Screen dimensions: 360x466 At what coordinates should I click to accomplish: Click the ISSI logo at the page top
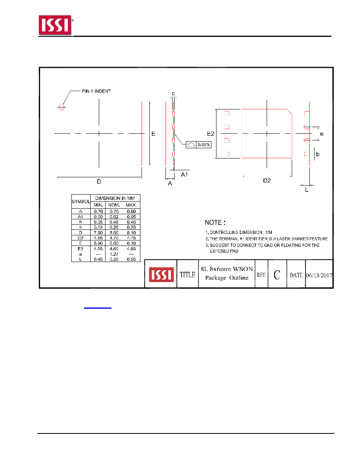pyautogui.click(x=55, y=25)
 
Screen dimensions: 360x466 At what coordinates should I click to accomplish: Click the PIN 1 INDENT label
pyautogui.click(x=96, y=91)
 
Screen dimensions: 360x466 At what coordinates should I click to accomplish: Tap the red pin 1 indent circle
pyautogui.click(x=62, y=107)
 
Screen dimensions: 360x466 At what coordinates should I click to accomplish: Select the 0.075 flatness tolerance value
pyautogui.click(x=204, y=145)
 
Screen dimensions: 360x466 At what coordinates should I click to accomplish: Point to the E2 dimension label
pyautogui.click(x=211, y=134)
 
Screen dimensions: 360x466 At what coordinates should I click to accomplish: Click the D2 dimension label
pyautogui.click(x=267, y=181)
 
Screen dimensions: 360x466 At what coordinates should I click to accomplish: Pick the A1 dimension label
pyautogui.click(x=184, y=175)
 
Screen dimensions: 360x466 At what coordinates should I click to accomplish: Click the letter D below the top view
pyautogui.click(x=99, y=182)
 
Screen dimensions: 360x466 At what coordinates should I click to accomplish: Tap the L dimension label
pyautogui.click(x=307, y=190)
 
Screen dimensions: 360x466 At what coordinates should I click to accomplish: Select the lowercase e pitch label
pyautogui.click(x=322, y=134)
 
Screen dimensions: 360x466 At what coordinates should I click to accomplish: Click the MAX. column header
pyautogui.click(x=131, y=205)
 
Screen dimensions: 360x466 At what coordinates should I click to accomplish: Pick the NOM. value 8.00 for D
pyautogui.click(x=114, y=233)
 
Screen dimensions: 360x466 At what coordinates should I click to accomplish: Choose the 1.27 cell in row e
pyautogui.click(x=114, y=254)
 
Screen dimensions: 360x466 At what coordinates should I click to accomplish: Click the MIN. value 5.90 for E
pyautogui.click(x=98, y=243)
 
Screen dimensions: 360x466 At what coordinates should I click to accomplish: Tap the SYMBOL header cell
pyautogui.click(x=81, y=202)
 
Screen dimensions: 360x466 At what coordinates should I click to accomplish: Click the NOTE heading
pyautogui.click(x=215, y=222)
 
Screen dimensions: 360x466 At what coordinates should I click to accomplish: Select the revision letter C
pyautogui.click(x=277, y=275)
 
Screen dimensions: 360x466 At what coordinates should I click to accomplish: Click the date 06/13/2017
pyautogui.click(x=319, y=275)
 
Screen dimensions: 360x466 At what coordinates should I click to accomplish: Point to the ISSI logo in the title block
pyautogui.click(x=161, y=274)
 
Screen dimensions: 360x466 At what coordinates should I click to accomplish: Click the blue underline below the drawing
pyautogui.click(x=97, y=308)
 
